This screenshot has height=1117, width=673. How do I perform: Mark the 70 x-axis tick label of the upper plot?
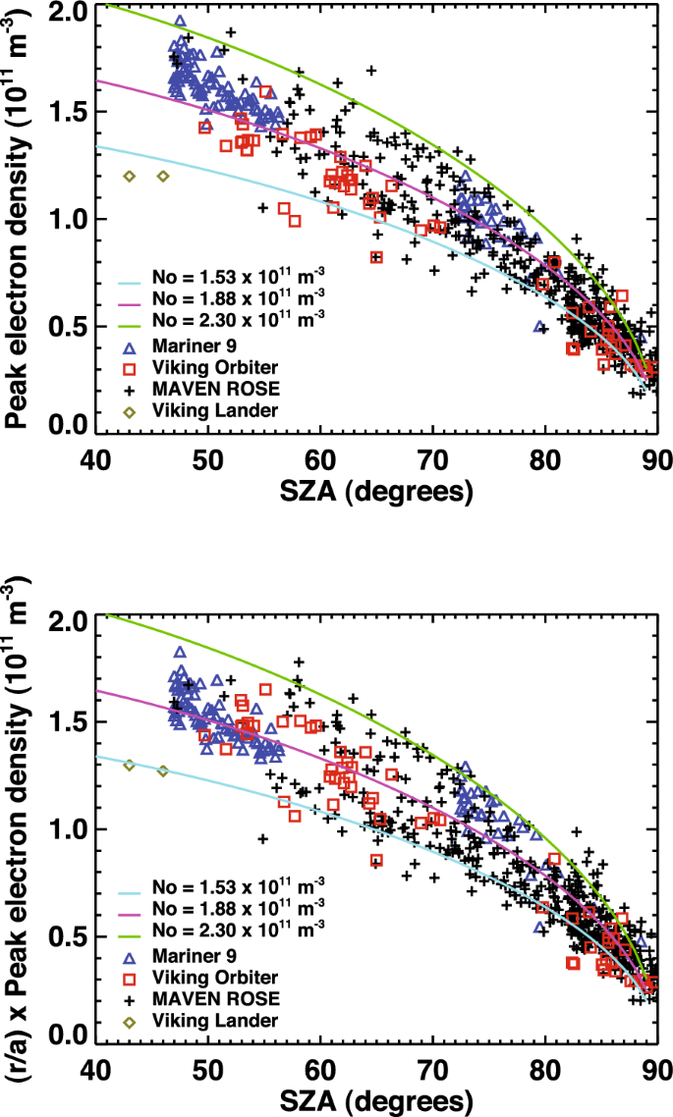pyautogui.click(x=432, y=458)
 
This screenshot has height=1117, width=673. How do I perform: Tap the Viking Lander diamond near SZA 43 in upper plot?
pyautogui.click(x=129, y=177)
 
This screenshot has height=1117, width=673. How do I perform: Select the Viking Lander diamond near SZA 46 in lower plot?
pyautogui.click(x=163, y=771)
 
